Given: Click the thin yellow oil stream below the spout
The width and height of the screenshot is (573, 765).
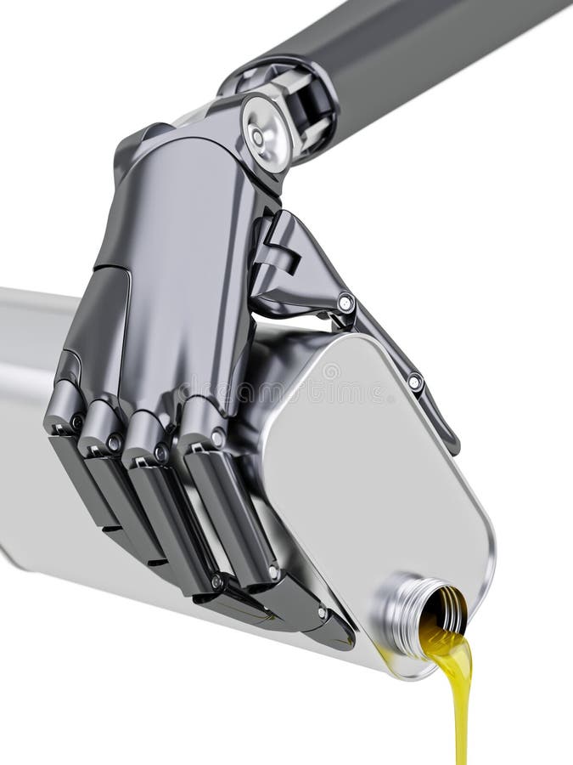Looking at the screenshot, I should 461,714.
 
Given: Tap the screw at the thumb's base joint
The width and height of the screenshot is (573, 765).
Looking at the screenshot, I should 345,302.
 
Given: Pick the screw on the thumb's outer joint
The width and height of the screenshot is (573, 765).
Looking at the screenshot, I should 414,382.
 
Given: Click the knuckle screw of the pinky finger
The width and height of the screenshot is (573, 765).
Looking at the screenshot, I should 76,422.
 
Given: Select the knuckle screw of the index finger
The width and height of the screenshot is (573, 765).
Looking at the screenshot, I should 217,439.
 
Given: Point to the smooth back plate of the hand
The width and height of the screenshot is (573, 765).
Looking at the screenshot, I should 178,280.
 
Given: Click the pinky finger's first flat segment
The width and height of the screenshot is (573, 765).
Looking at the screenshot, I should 81,476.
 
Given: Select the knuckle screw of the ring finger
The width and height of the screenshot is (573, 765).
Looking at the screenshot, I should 114,443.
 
